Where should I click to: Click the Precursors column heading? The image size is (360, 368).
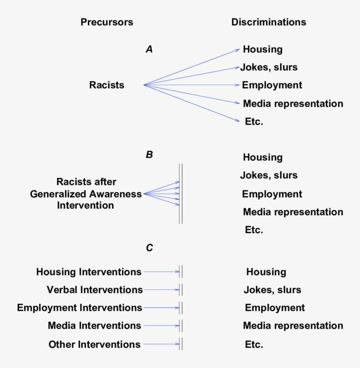[x=107, y=22]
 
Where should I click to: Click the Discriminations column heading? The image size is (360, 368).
[x=269, y=22]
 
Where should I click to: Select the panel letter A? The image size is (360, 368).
[x=149, y=50]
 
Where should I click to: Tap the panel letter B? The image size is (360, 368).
[x=149, y=155]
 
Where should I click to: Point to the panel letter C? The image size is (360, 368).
[x=149, y=248]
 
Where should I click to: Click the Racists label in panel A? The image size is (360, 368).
[x=107, y=85]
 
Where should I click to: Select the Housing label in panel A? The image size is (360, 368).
[x=263, y=49]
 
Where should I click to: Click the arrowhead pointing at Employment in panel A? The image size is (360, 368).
[x=238, y=85]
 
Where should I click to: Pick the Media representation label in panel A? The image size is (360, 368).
[x=293, y=104]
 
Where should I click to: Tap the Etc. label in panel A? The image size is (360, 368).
[x=254, y=122]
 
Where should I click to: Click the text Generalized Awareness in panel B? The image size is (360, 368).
[x=86, y=194]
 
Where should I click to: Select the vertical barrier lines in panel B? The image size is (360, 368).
[x=180, y=194]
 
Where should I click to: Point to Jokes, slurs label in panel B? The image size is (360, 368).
[x=269, y=175]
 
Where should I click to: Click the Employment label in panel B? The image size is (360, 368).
[x=272, y=194]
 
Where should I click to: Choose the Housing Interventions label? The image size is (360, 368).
[x=89, y=272]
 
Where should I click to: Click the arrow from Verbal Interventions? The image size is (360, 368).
[x=161, y=290]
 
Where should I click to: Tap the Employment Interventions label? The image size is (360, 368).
[x=79, y=308]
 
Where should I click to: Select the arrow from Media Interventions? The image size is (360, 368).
[x=161, y=326]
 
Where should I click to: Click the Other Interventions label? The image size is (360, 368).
[x=94, y=344]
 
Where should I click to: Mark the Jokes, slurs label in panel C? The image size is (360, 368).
[x=272, y=290]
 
